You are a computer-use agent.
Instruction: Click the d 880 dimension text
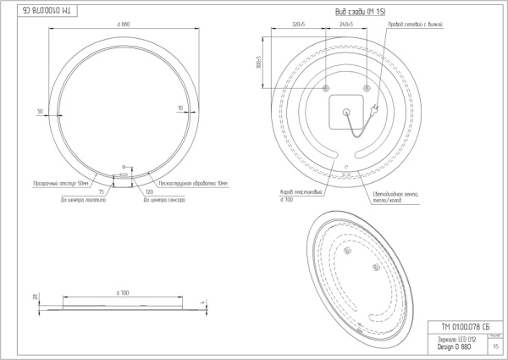click(124, 23)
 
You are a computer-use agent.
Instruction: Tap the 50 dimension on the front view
click(40, 110)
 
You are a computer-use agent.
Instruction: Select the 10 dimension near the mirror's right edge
click(180, 108)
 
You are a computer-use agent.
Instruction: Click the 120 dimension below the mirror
click(149, 192)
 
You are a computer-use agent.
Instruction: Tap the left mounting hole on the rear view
click(326, 87)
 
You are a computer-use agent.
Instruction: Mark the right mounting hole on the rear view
click(366, 87)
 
